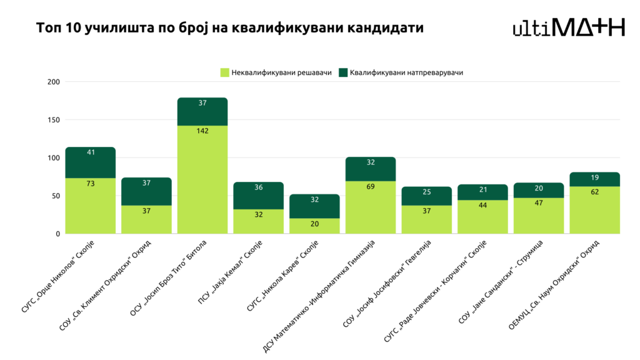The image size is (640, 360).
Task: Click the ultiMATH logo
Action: point(568,27)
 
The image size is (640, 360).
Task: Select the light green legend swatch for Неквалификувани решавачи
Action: point(225,72)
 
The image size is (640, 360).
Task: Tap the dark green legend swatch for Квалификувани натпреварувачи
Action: point(343,72)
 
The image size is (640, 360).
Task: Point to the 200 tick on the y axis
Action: point(53,82)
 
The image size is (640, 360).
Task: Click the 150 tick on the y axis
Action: point(53,120)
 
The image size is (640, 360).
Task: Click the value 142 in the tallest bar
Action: point(202,131)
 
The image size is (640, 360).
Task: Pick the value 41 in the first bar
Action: point(91,152)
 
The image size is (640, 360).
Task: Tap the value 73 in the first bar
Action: point(91,184)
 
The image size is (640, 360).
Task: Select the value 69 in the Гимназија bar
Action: point(371,186)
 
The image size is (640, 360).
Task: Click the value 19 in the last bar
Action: point(595,177)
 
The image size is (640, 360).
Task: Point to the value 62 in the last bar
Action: point(595,192)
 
